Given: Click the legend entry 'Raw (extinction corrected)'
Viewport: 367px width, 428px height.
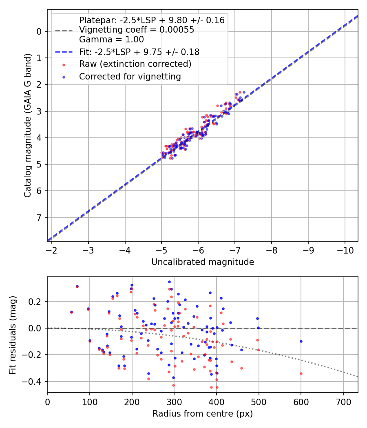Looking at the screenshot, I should (135, 64).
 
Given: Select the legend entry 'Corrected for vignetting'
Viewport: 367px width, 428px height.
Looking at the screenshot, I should (130, 76).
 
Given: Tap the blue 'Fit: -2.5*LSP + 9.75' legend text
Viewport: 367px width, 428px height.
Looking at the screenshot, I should (139, 52).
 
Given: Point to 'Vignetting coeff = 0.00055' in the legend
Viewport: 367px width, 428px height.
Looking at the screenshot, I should (137, 30).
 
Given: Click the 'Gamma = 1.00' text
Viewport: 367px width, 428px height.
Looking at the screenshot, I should (111, 40).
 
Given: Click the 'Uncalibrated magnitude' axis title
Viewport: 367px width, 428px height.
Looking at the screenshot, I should (203, 262).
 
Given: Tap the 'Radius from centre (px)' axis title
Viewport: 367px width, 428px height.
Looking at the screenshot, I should (203, 414).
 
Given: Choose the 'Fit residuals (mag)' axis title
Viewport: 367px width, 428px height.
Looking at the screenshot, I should (13, 335).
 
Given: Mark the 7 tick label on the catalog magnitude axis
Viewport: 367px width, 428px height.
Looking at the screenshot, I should (39, 218).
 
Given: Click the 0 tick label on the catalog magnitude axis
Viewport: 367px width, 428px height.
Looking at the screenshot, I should (39, 31).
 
